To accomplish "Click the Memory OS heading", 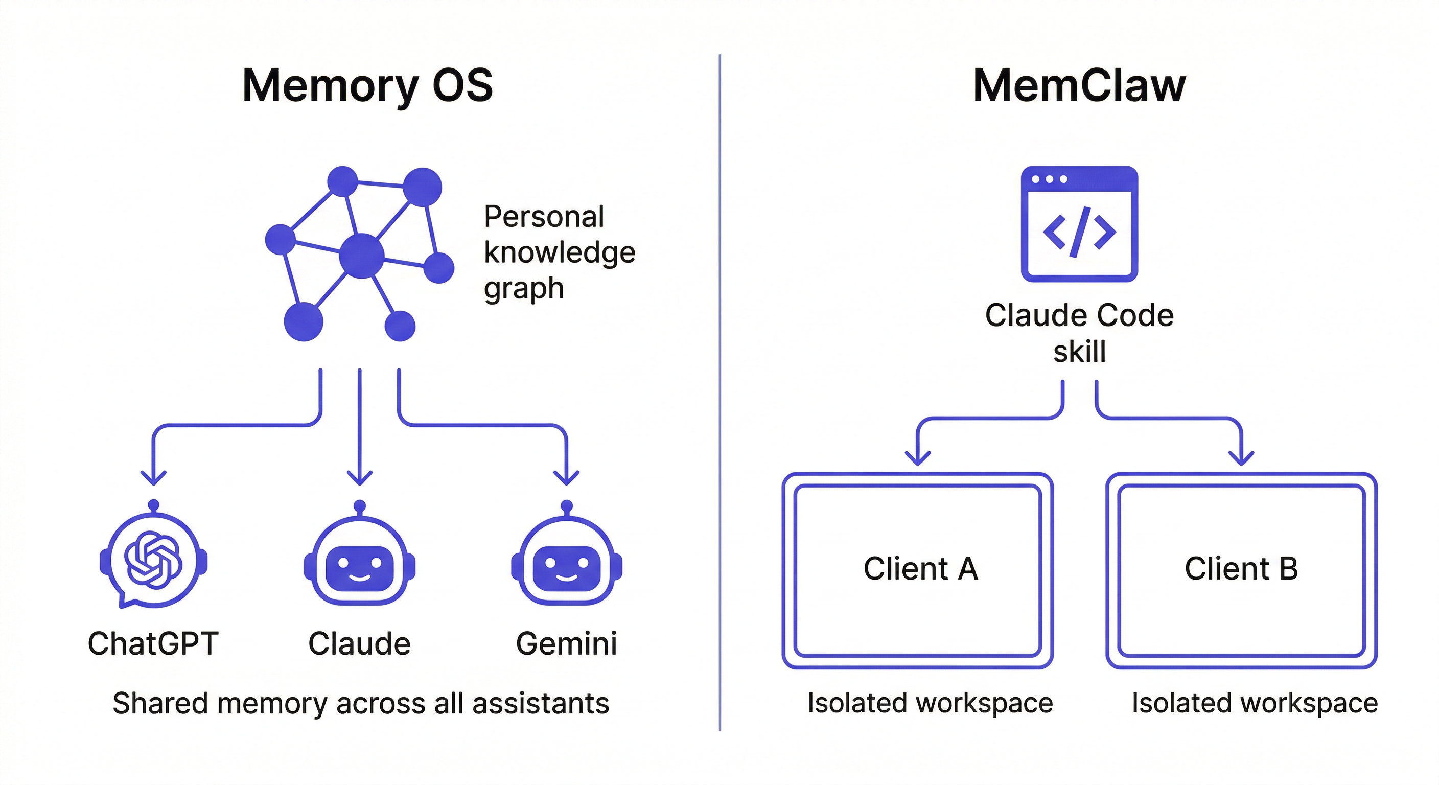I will tap(367, 85).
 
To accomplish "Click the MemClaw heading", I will tap(1079, 85).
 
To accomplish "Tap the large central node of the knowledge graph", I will tap(362, 256).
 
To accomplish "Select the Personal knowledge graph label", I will tap(559, 252).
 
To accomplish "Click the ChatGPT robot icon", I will tap(154, 559).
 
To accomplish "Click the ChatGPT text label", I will tap(153, 643).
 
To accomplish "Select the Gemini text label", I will tap(566, 643).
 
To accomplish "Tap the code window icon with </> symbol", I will tap(1079, 224).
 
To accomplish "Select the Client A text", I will tap(921, 569).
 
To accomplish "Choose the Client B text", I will tap(1241, 569).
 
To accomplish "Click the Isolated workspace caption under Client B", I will tap(1255, 703).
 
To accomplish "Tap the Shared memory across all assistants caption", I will tap(361, 703).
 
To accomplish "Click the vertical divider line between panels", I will tap(720, 391).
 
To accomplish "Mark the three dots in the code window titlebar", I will tap(1049, 179).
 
